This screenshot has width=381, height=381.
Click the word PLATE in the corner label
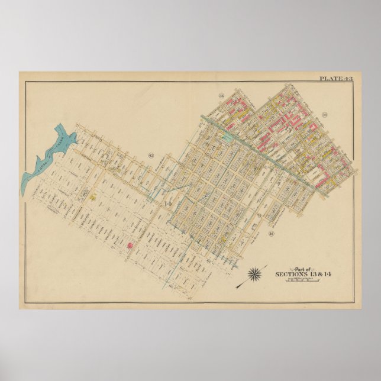tap(330, 78)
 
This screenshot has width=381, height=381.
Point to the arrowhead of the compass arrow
tap(237, 287)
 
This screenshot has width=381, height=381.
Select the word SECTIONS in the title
tap(290, 275)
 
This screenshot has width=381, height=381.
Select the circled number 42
tap(151, 156)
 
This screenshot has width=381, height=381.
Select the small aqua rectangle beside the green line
tap(227, 137)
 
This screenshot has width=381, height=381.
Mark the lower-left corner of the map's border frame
tap(24, 303)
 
